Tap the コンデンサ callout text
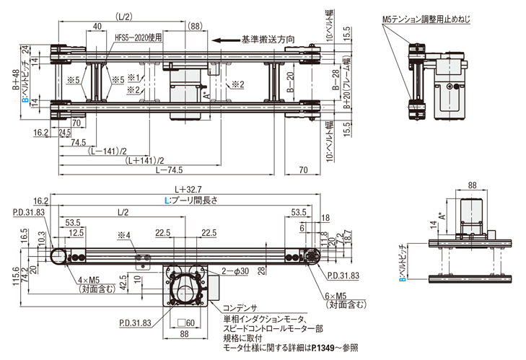click(242, 306)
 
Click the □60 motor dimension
click(190, 322)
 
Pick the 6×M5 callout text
click(346, 296)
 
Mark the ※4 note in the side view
click(124, 234)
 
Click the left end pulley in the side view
click(59, 255)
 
